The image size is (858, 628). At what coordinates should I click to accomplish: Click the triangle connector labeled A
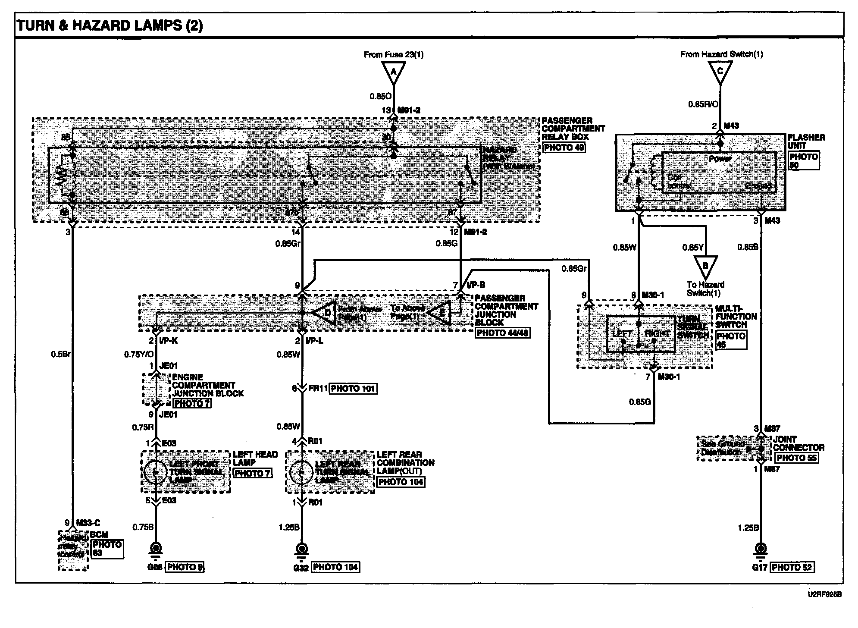pyautogui.click(x=393, y=72)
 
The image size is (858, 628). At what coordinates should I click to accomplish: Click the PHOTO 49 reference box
pyautogui.click(x=564, y=148)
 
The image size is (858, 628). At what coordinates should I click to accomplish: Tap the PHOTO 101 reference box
pyautogui.click(x=353, y=389)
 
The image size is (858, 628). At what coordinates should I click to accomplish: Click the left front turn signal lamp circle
pyautogui.click(x=156, y=472)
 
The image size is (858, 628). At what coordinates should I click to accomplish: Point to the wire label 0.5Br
pyautogui.click(x=60, y=355)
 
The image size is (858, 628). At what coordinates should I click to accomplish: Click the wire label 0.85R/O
pyautogui.click(x=703, y=104)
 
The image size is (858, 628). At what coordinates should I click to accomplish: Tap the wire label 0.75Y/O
pyautogui.click(x=139, y=355)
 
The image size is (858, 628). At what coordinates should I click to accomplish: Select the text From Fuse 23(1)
pyautogui.click(x=394, y=55)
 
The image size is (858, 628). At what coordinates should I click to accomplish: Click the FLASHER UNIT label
pyautogui.click(x=806, y=141)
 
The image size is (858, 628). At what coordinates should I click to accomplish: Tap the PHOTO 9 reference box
pyautogui.click(x=185, y=567)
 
